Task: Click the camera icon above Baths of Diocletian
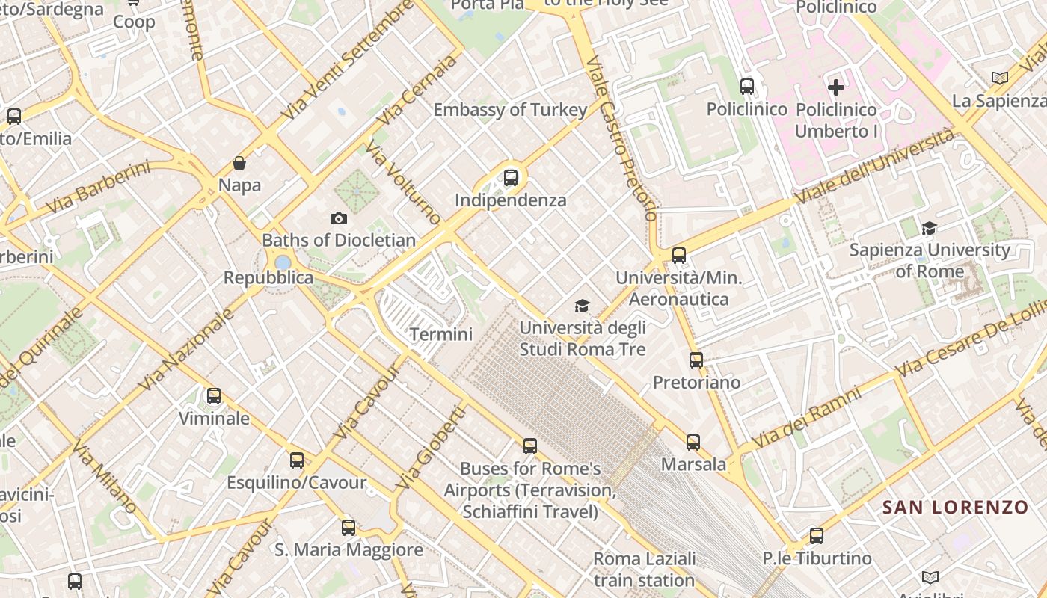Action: [x=339, y=218]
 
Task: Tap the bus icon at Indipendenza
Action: [x=511, y=178]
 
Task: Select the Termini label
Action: [x=441, y=333]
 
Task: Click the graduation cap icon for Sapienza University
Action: [x=930, y=228]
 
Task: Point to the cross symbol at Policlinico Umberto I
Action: [x=836, y=87]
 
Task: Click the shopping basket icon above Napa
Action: [x=239, y=163]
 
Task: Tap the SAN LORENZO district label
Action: [x=955, y=508]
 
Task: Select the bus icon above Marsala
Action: [x=693, y=442]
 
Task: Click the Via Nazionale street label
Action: [x=186, y=350]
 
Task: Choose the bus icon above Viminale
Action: [x=214, y=396]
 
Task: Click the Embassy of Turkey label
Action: [x=511, y=110]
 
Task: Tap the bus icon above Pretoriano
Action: [x=696, y=360]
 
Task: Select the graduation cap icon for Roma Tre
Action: [x=582, y=305]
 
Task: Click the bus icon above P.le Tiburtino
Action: [x=817, y=536]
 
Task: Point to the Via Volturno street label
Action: [x=403, y=182]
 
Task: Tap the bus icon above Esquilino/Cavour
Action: [x=297, y=460]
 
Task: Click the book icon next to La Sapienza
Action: [x=999, y=78]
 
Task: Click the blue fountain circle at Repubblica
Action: [x=283, y=262]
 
